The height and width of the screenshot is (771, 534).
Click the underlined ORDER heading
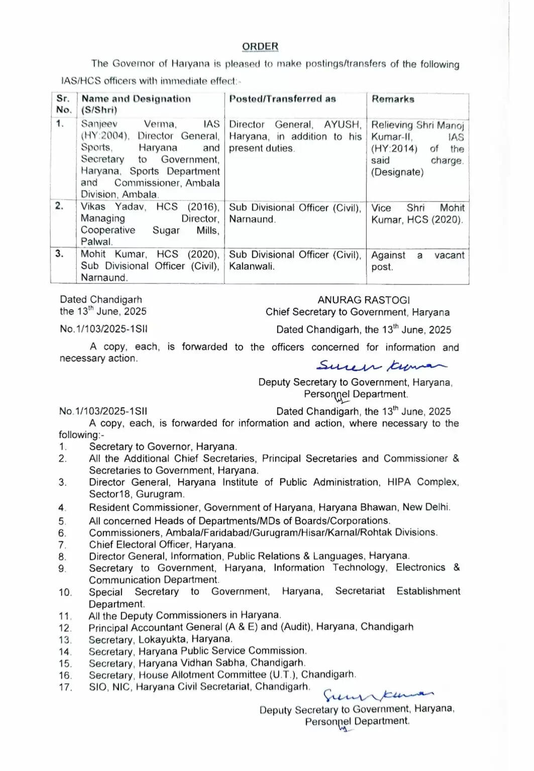click(260, 46)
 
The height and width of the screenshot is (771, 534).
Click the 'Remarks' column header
click(393, 99)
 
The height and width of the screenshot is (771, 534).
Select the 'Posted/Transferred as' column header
click(282, 99)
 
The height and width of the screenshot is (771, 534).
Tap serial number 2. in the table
click(60, 206)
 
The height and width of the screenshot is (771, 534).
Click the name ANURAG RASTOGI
click(364, 300)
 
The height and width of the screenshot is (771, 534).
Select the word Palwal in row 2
click(96, 242)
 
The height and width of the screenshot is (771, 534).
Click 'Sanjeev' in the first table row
click(99, 124)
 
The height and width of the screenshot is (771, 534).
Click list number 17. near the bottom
click(65, 687)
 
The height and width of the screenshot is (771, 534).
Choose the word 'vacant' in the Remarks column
click(449, 255)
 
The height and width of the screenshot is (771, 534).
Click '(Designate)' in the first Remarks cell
click(397, 172)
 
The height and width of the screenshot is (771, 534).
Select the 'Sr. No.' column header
click(63, 104)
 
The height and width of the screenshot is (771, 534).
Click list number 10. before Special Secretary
click(65, 593)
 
